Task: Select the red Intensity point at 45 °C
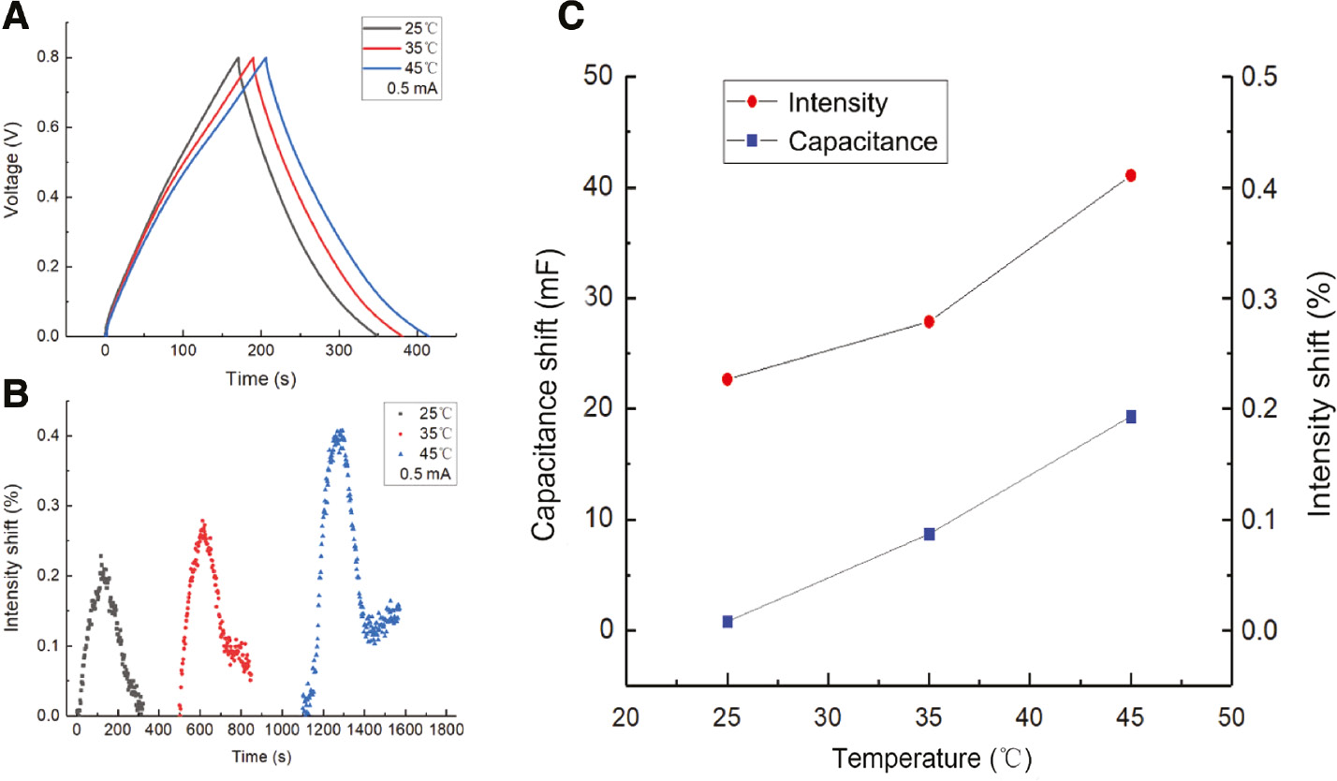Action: (1131, 175)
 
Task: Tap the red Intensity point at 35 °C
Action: (929, 321)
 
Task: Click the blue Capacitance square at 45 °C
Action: (1131, 417)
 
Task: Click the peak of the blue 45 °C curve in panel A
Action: (267, 58)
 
